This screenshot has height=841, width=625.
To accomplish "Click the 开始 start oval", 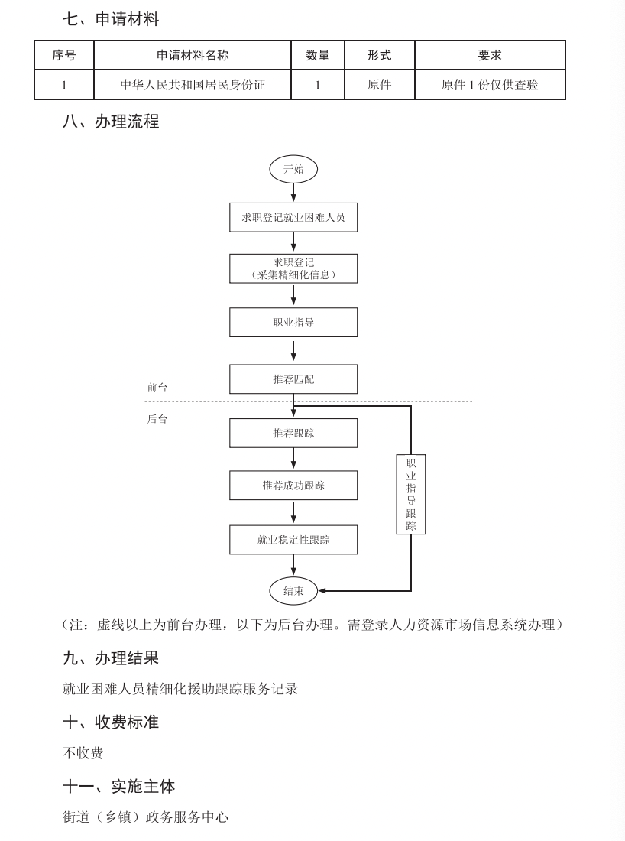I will pos(293,169).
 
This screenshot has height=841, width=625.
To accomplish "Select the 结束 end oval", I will pos(293,590).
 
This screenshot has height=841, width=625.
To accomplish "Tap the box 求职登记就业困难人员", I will pos(293,217).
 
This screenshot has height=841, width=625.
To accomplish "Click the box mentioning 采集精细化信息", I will pos(293,268).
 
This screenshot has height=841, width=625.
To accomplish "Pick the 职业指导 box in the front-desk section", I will pos(293,323).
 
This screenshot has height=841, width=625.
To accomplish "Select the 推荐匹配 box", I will pos(293,379).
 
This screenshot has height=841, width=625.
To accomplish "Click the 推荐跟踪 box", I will pos(293,433).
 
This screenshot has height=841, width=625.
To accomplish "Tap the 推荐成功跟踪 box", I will pos(293,485).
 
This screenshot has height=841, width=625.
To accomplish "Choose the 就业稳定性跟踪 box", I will pos(293,540).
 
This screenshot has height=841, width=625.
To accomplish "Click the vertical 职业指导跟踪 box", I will pos(411,494).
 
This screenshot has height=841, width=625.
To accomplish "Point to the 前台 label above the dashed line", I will pos(157,388).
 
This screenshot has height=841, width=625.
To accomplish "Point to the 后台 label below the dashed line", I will pos(157,419).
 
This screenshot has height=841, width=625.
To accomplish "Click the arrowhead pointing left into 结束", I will pos(322,590).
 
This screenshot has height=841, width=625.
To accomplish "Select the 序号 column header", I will pos(64,55).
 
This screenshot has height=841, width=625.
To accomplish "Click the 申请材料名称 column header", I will pos(193,55).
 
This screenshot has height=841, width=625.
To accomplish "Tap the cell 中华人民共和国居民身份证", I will pos(193,85).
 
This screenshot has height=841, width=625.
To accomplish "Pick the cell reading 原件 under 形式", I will pos(379,85).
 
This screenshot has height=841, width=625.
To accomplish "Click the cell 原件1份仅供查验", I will pos(490,85).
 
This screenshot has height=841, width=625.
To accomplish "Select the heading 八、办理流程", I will pos(111,122).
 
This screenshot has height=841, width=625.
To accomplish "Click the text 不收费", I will pos(83,753).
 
